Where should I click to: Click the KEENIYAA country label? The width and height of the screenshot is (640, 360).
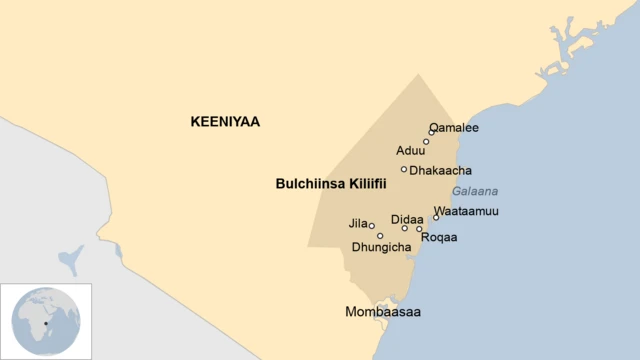click(224, 122)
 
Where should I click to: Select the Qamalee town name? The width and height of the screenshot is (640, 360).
click(454, 128)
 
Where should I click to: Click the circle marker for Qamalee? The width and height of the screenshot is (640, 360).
click(432, 132)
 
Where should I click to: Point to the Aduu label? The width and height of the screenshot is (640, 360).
click(411, 151)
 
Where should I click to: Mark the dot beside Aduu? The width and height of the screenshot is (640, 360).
click(426, 142)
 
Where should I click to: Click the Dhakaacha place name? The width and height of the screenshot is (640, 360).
click(441, 171)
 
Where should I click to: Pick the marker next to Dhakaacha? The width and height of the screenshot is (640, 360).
click(404, 170)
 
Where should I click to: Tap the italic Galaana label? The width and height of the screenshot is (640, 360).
click(475, 191)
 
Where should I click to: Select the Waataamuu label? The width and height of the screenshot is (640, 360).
click(466, 211)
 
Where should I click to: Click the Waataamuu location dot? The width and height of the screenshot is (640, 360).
click(436, 217)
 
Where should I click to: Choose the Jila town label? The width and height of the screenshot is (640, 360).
click(358, 223)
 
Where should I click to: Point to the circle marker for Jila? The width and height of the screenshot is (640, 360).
click(372, 226)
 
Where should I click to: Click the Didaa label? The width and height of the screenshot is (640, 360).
click(407, 219)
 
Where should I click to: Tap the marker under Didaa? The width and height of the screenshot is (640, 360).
click(405, 229)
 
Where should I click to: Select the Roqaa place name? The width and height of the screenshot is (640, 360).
click(439, 238)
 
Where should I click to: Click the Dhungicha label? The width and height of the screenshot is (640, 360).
click(381, 247)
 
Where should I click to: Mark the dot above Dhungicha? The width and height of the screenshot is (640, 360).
click(380, 236)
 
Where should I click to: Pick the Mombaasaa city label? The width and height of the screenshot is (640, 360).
click(382, 312)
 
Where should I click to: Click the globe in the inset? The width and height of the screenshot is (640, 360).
click(45, 321)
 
